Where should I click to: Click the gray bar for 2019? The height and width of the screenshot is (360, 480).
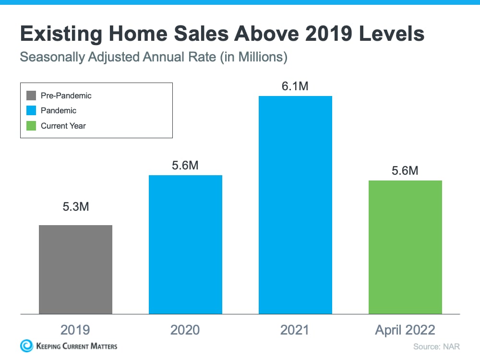(x=75, y=269)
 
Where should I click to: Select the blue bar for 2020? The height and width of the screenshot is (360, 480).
(x=185, y=244)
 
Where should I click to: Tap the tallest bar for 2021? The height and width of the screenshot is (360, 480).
(x=295, y=205)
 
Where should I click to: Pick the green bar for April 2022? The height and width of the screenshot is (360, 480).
(x=405, y=247)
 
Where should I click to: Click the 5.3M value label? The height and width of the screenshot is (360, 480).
(x=75, y=207)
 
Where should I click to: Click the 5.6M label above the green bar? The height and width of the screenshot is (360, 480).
(x=405, y=170)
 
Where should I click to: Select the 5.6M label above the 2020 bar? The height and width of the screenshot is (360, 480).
(x=185, y=166)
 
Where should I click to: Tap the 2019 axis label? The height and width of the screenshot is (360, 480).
(x=75, y=330)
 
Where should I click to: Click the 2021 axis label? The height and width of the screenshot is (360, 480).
(x=295, y=330)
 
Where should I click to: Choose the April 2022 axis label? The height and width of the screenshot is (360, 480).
(x=405, y=330)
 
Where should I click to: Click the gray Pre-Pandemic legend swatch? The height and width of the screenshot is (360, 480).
(x=31, y=96)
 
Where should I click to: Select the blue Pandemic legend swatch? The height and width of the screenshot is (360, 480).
(x=31, y=110)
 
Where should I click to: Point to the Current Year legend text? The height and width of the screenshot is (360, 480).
(x=63, y=126)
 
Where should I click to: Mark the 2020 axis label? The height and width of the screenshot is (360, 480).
(x=185, y=330)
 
